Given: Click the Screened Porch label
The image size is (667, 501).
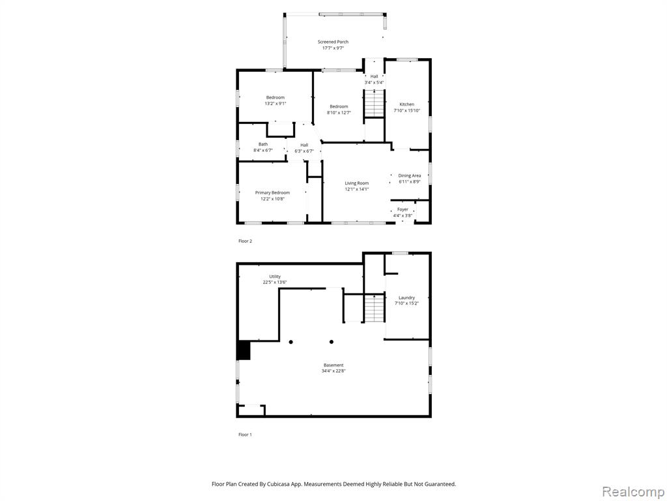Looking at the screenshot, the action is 333,42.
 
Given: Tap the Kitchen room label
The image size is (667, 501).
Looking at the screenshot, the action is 406,104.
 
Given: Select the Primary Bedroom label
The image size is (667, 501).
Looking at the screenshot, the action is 272,192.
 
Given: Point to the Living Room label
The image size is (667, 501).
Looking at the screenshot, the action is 356,183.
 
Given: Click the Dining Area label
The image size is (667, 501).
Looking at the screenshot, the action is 410,175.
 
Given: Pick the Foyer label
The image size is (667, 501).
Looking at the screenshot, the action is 403,209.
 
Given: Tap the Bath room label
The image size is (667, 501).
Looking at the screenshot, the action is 263,144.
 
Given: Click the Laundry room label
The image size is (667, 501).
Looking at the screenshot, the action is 406,297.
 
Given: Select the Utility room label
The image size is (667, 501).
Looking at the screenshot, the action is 275,277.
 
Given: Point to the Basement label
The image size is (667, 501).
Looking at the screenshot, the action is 333,365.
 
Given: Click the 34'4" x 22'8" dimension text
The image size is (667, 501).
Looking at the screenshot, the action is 333,371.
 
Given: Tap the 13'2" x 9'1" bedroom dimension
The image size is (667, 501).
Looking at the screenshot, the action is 276,104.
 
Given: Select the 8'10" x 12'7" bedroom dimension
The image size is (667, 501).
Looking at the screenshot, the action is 339,112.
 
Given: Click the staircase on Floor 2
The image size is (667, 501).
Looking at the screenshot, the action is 375,102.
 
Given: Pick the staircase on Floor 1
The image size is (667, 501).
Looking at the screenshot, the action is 375,308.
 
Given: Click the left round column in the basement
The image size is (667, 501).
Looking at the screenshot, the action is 291,342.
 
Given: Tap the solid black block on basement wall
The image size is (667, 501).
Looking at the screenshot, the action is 244,350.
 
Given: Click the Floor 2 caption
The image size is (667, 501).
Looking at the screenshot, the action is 245,241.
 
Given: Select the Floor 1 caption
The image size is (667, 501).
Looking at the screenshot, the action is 245,434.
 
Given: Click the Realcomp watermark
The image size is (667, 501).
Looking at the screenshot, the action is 632,491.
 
